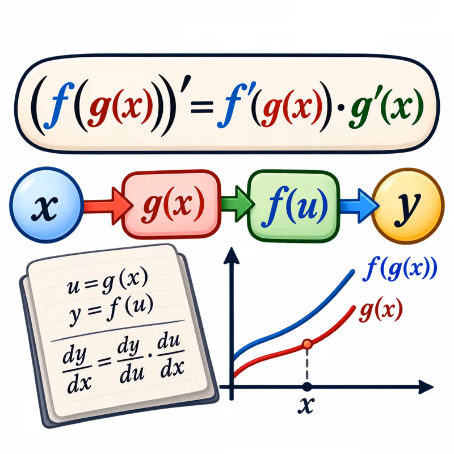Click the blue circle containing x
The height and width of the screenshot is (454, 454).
tap(47, 205)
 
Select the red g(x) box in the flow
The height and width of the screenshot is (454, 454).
tap(171, 204)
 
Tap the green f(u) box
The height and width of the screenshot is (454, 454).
tap(293, 206)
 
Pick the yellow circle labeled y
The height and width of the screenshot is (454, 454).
tap(407, 206)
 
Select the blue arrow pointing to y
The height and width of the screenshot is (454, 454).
tap(359, 206)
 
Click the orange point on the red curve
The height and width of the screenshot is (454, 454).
tap(307, 344)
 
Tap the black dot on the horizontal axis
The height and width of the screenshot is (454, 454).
tap(307, 386)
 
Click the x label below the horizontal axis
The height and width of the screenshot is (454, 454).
tap(306, 405)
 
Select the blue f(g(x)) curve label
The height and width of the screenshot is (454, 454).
tap(400, 269)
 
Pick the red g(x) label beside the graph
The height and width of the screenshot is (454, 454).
tap(381, 310)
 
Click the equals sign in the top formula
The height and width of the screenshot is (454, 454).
tap(202, 107)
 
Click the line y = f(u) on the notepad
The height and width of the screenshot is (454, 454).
tap(111, 309)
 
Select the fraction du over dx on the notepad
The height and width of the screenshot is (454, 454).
tap(171, 356)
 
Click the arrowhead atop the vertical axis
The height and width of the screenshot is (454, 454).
tap(232, 255)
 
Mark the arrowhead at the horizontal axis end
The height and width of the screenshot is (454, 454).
tap(426, 387)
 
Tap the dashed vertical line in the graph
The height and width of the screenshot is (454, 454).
tap(307, 365)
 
